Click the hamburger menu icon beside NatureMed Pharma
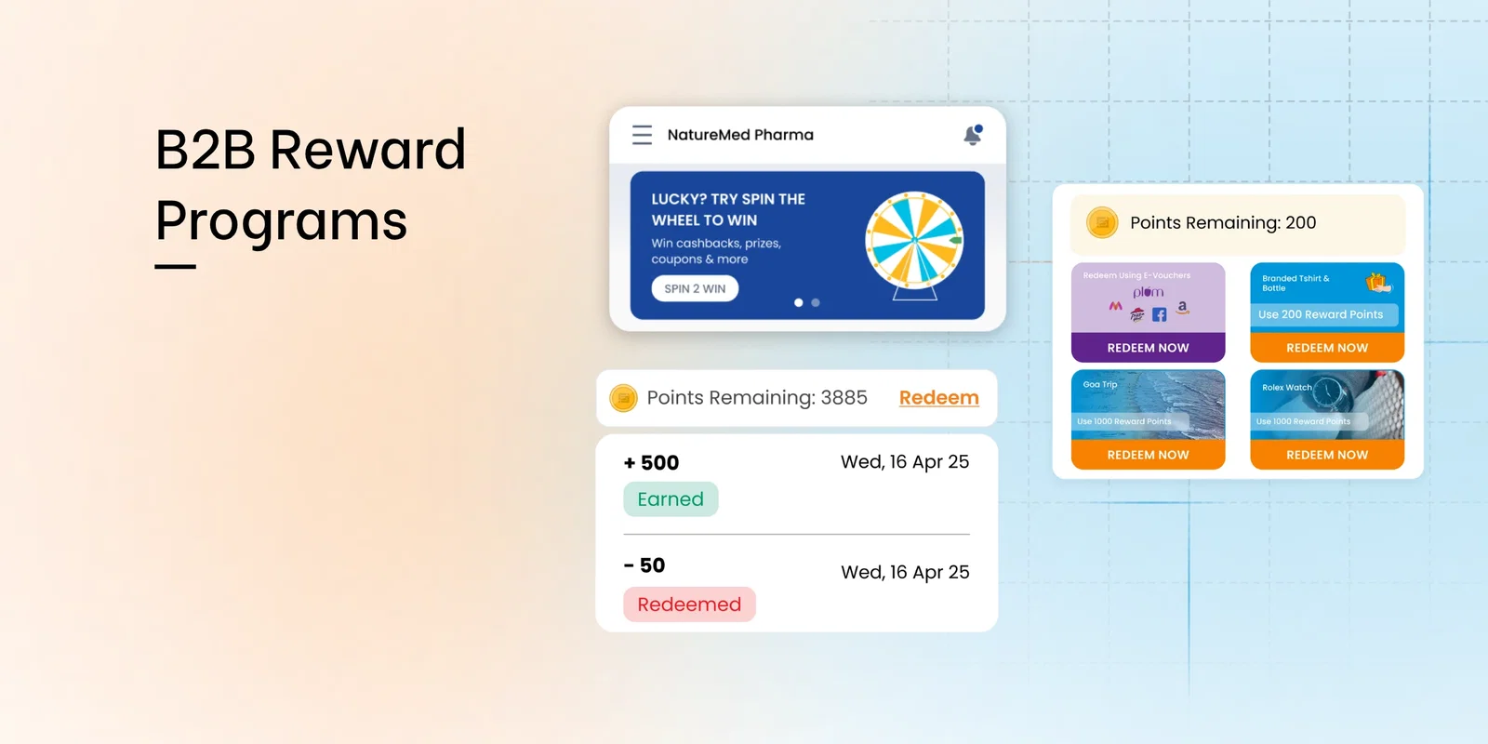[642, 135]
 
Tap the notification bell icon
[973, 136]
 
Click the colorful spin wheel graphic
[914, 240]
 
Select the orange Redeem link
[938, 398]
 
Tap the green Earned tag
[671, 499]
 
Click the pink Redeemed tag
[689, 604]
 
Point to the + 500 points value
[652, 463]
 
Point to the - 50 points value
[644, 565]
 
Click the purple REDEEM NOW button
[1148, 348]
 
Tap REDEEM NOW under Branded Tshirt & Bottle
[1327, 348]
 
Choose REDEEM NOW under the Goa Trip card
[1148, 455]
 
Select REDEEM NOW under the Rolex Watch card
[1327, 455]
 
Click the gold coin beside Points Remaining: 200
[1102, 223]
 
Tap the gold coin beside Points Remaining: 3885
[623, 399]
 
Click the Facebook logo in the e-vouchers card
[1159, 314]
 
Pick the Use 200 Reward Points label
[1321, 314]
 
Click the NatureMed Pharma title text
[740, 135]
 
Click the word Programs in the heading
[282, 221]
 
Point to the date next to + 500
[905, 462]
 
